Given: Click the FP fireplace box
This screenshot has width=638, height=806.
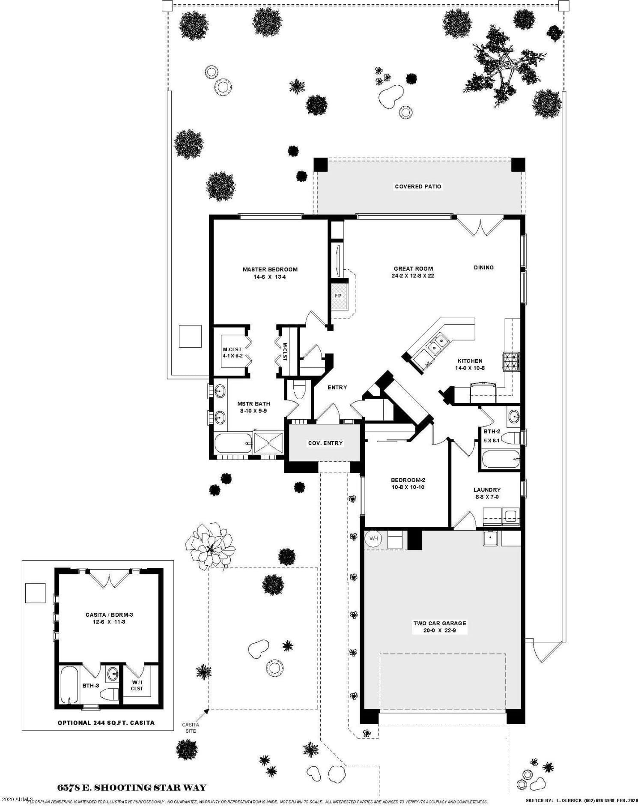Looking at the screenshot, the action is click(338, 296).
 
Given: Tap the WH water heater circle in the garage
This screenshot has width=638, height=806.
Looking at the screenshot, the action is click(374, 538).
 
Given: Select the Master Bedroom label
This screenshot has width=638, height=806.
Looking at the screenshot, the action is click(270, 269).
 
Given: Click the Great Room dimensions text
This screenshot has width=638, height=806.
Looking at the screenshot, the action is click(413, 276).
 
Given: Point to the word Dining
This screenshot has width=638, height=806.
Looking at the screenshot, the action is click(483, 267).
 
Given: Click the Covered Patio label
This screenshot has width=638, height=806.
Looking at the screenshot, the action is click(418, 186).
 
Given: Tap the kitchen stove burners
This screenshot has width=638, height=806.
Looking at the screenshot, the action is click(511, 361).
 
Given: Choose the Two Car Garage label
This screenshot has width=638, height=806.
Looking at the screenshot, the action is click(440, 623).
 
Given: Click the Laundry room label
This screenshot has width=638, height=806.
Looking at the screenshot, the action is click(487, 490).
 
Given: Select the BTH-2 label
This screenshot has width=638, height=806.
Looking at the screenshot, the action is click(492, 431).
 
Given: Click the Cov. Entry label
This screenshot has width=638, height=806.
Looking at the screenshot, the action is click(325, 443).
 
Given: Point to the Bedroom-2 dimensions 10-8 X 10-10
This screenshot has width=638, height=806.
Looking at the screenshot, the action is click(408, 487).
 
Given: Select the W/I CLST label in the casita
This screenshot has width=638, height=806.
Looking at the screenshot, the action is click(137, 686).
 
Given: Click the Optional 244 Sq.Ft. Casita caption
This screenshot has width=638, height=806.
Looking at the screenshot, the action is click(106, 722).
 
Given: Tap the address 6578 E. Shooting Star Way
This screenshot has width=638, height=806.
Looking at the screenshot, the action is click(132, 788).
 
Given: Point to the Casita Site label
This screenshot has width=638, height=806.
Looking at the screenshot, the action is click(191, 728).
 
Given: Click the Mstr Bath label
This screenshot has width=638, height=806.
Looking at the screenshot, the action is click(253, 403).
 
